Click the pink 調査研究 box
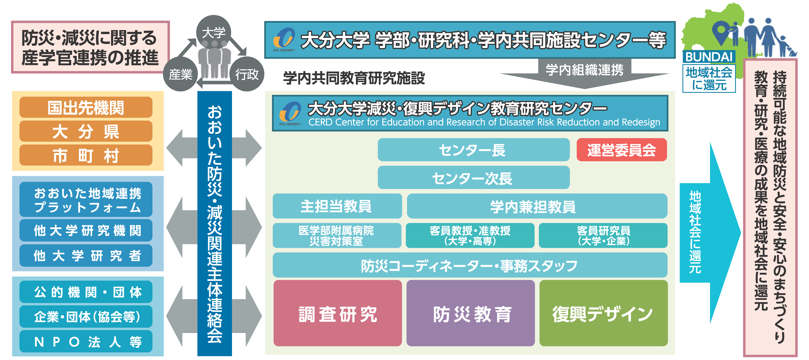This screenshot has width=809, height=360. pyautogui.click(x=338, y=313)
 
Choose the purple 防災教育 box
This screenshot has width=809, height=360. pyautogui.click(x=470, y=313)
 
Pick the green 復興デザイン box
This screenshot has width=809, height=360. pyautogui.click(x=603, y=313)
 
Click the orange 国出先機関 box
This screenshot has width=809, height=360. pyautogui.click(x=86, y=107)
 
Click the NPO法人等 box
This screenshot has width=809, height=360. pyautogui.click(x=86, y=341)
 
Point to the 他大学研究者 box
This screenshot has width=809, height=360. pyautogui.click(x=86, y=256)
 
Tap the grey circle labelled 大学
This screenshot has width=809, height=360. pyautogui.click(x=214, y=32)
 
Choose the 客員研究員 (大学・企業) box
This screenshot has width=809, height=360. pyautogui.click(x=603, y=235)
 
